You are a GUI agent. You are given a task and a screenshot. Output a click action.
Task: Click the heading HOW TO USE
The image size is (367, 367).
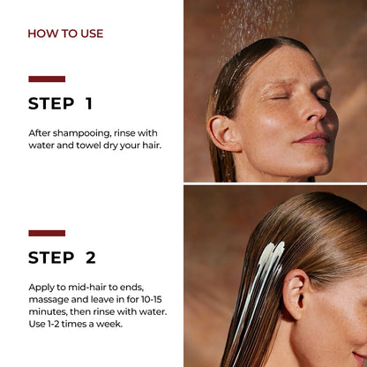pos(65,34)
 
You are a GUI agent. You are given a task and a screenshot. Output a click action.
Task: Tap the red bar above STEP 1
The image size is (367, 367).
pos(46,79)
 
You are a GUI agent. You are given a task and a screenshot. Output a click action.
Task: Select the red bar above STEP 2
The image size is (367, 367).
pos(46,233)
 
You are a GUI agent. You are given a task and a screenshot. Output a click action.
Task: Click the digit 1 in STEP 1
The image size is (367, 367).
pos(88,103)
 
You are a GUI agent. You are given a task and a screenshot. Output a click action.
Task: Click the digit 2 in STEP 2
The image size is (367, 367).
pos(90,258)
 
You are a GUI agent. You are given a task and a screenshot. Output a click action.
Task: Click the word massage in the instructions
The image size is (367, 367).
pos(51,300)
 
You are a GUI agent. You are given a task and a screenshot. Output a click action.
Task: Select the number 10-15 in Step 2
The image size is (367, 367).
pos(154,300)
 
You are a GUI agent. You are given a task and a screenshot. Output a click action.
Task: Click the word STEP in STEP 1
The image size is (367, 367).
pos(51,103)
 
